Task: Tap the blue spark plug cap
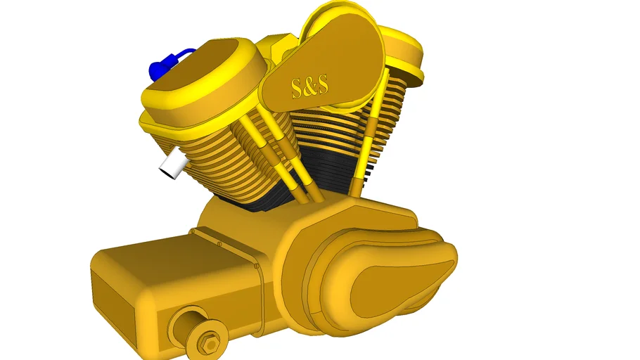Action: [x=156, y=70]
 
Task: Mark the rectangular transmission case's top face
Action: [x=169, y=253]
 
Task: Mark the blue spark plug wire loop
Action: [x=183, y=54]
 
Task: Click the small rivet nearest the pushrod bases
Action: [x=218, y=244]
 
